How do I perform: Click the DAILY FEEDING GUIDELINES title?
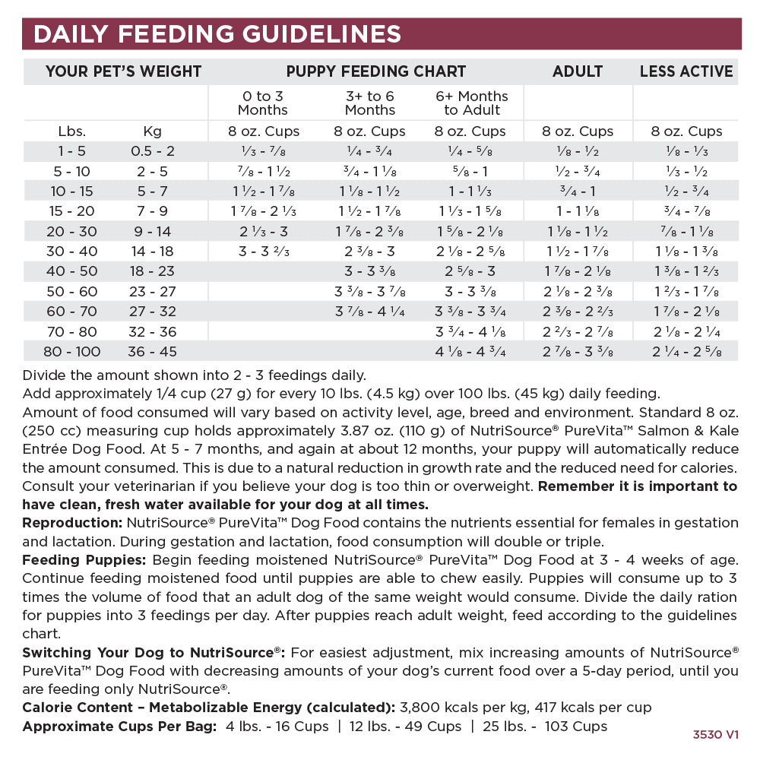(218, 34)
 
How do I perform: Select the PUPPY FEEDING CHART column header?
(376, 71)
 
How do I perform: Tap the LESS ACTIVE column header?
(686, 71)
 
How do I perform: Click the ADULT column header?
(578, 71)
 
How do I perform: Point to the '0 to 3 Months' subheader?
(264, 103)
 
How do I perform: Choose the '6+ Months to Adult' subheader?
(472, 103)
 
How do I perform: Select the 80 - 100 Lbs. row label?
(72, 351)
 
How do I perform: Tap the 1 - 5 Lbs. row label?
(72, 150)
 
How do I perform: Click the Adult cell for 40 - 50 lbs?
(578, 271)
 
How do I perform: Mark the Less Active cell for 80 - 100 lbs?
(686, 351)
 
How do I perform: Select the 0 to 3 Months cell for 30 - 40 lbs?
(264, 251)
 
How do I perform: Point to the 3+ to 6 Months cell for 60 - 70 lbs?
(370, 311)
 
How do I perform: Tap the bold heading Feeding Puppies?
(84, 559)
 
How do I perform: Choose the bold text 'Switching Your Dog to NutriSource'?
(152, 652)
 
